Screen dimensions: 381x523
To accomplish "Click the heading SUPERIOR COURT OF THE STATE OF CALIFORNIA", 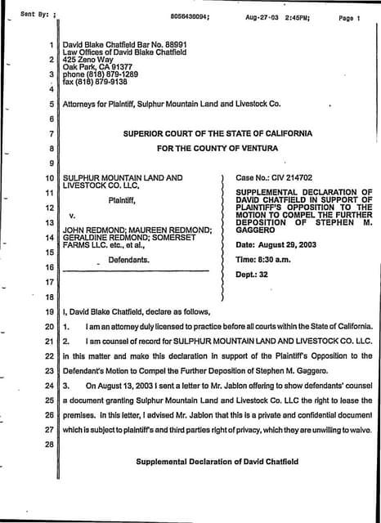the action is click(217, 133).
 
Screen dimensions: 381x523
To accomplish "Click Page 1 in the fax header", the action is click(348, 16).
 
